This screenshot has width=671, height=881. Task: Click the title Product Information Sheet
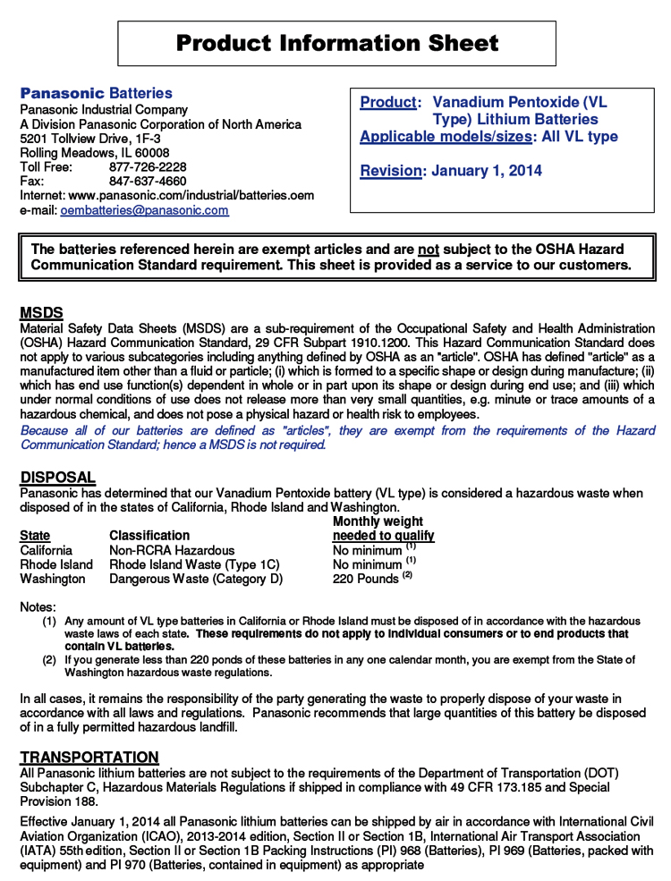tap(336, 43)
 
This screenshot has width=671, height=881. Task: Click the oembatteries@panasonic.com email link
tap(144, 211)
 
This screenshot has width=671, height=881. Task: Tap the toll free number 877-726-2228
tap(148, 167)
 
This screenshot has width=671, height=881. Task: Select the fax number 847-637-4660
tap(148, 182)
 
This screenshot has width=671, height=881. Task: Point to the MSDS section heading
tap(41, 313)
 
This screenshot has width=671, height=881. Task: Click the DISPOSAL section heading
tap(57, 478)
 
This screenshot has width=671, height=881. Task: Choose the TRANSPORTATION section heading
tap(89, 757)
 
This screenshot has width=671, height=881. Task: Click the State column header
tap(35, 536)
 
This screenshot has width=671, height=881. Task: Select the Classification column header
tap(149, 536)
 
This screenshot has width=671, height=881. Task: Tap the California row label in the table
tap(47, 550)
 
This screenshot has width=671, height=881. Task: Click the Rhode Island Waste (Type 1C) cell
tap(194, 564)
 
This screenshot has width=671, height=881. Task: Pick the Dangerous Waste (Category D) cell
tap(196, 579)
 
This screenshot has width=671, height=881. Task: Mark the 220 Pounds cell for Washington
tap(366, 579)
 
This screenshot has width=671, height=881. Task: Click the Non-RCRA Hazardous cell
tap(172, 550)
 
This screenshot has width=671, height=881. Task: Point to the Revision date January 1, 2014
tap(486, 171)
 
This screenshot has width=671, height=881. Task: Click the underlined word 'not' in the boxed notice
tap(429, 250)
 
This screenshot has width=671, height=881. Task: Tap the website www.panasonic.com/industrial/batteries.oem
tap(191, 196)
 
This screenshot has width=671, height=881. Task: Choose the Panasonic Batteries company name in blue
tap(97, 94)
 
